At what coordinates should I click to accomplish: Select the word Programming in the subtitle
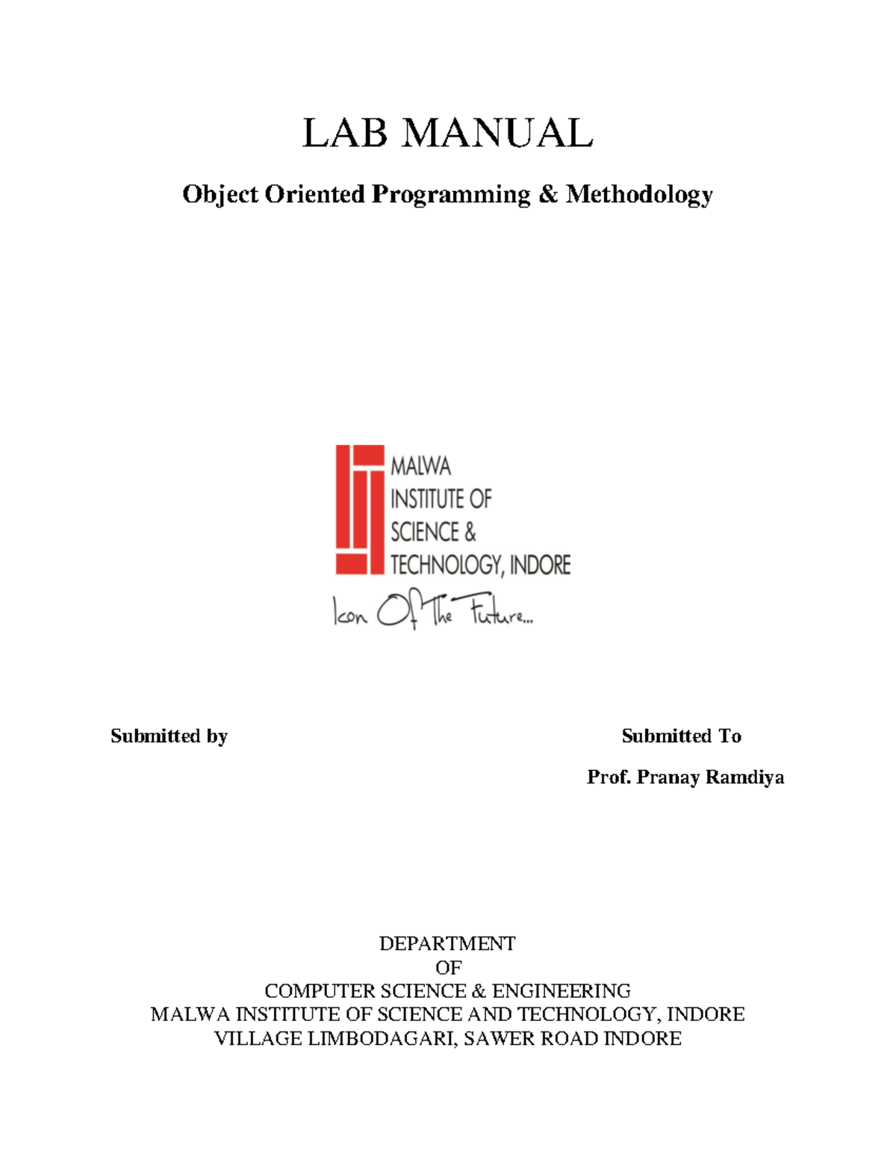point(451,194)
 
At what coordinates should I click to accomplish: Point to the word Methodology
point(639,196)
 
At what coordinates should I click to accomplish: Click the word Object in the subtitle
point(221,196)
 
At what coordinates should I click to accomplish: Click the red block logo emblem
point(359,509)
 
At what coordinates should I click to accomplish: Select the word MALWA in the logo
point(421,467)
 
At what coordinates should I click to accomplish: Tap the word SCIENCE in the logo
point(425,532)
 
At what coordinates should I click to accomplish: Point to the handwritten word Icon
point(349,615)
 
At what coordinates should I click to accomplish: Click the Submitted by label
point(169,736)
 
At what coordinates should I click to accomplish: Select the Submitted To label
point(681,736)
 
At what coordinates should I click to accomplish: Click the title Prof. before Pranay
point(609,778)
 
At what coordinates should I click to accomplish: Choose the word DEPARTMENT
point(447,943)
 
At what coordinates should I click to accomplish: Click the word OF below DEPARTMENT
point(448,967)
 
